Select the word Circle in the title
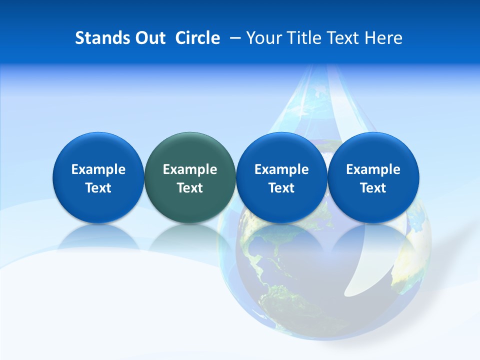coord(197,38)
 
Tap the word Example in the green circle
coord(190,169)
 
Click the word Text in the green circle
coord(190,188)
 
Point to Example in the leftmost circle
coord(98,169)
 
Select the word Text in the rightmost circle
coord(373,188)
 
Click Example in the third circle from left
coord(281,169)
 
